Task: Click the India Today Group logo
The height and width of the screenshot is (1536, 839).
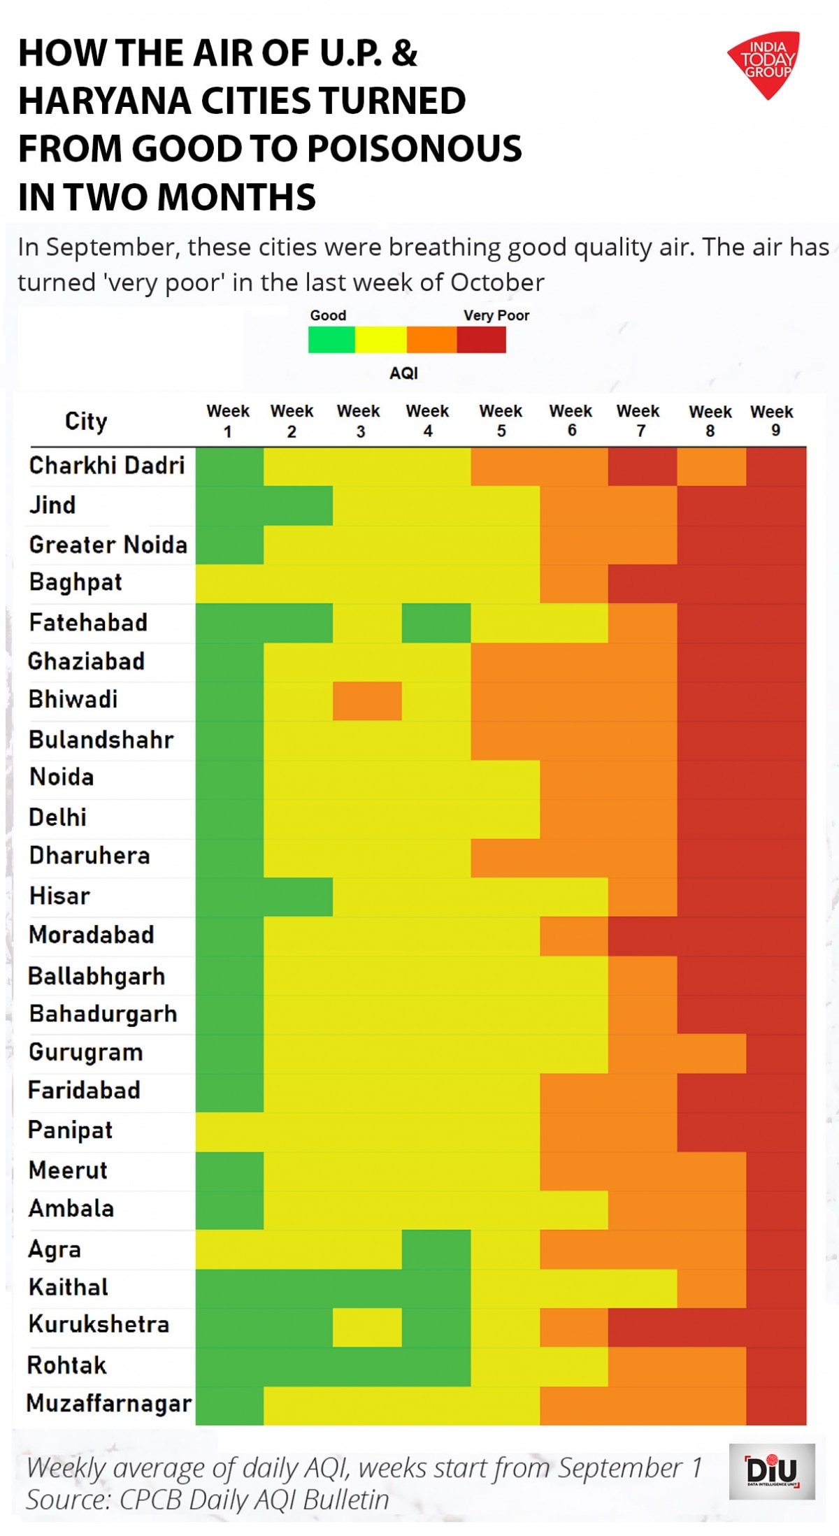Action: point(766,63)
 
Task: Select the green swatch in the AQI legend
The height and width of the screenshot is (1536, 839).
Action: point(331,340)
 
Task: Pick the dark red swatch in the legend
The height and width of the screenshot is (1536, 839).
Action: point(481,340)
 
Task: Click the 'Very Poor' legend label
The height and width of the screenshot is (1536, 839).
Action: point(496,315)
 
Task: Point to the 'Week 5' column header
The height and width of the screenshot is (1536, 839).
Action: point(501,420)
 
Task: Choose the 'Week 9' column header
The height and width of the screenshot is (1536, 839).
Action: point(772,420)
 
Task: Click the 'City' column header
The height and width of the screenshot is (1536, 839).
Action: point(86,421)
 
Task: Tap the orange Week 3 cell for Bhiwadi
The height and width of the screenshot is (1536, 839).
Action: point(367,701)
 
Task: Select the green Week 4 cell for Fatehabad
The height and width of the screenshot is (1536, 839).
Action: point(436,623)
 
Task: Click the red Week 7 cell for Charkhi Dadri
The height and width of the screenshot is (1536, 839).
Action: point(642,466)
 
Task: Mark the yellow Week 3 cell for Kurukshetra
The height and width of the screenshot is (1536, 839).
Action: point(367,1327)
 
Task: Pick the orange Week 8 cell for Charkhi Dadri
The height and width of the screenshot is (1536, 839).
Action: point(711,466)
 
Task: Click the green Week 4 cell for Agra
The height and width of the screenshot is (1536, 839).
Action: point(436,1249)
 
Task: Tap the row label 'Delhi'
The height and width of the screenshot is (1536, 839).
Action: point(58,817)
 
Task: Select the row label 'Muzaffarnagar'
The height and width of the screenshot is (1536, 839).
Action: point(109,1403)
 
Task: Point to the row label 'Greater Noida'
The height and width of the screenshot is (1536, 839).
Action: point(108,545)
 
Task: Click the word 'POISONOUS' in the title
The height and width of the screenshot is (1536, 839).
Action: point(414,148)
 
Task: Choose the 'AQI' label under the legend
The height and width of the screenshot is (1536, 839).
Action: point(403,373)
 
